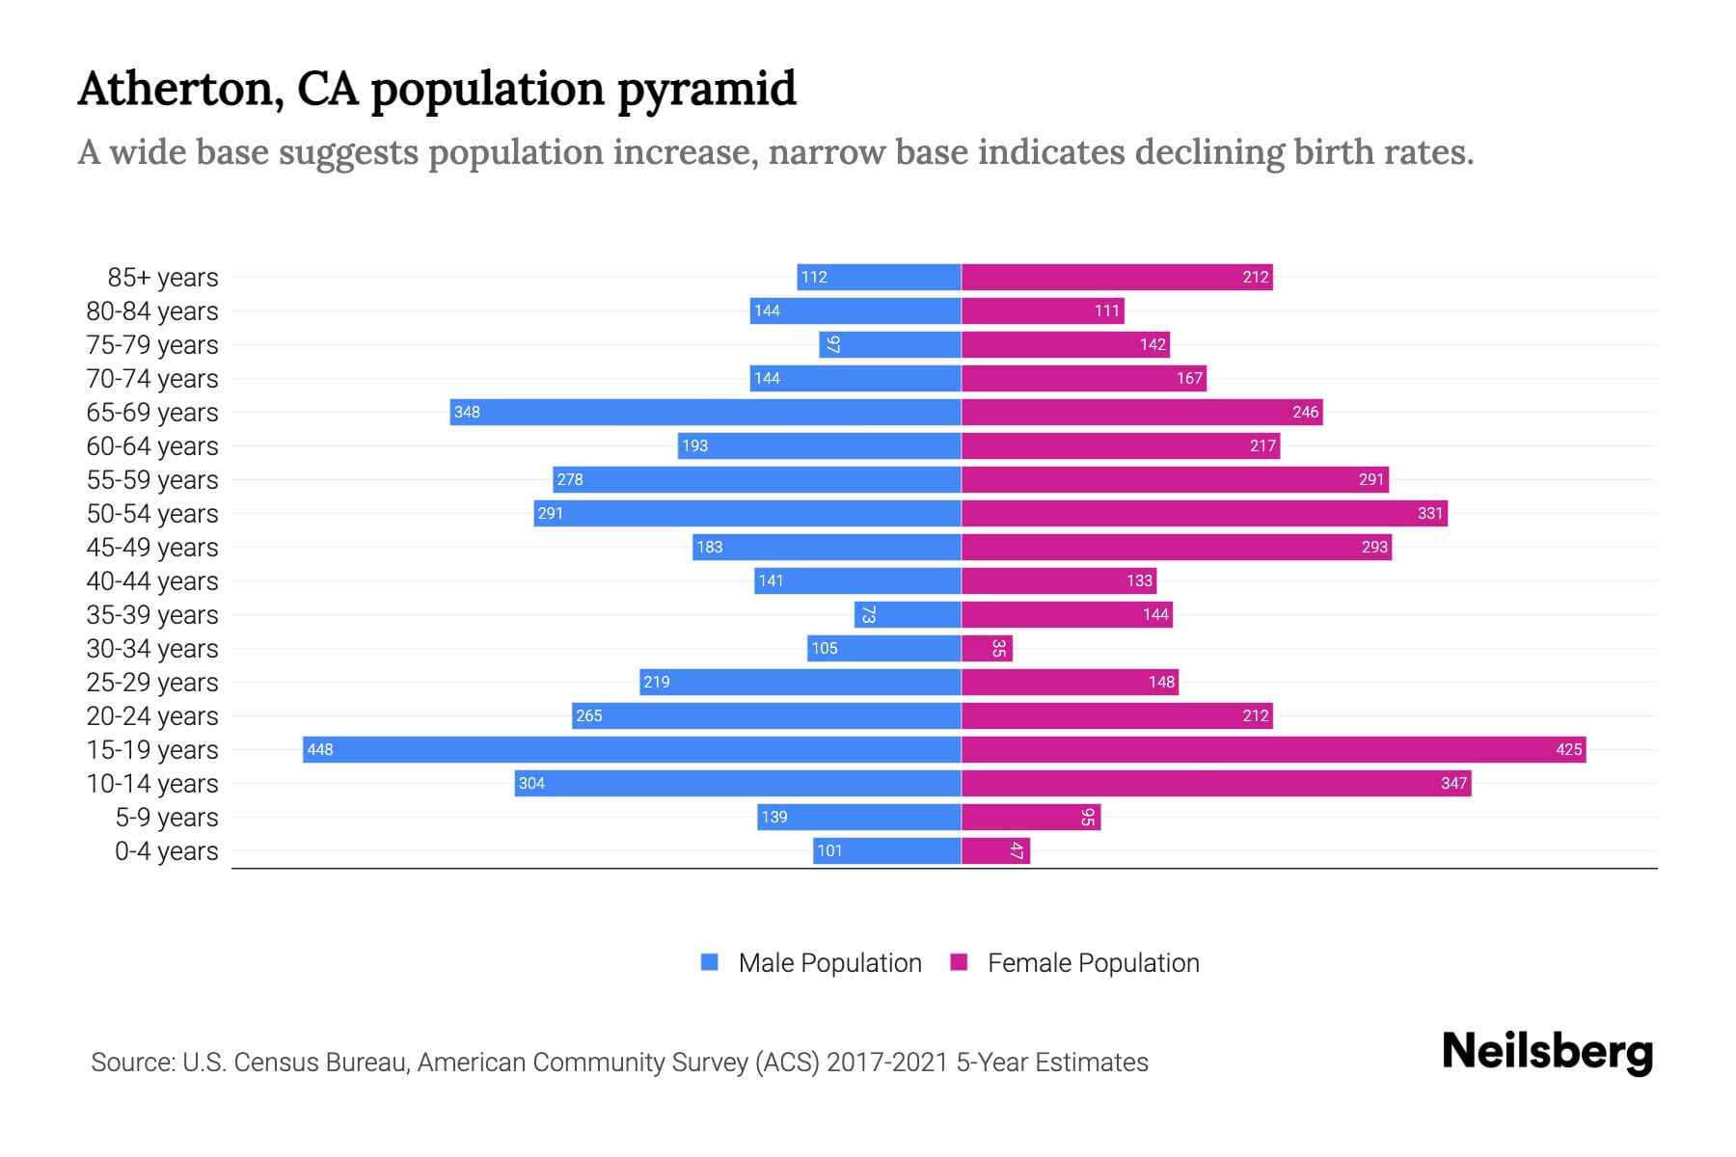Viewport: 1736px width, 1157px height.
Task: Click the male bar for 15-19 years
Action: click(632, 749)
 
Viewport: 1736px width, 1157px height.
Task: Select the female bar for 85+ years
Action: click(1117, 277)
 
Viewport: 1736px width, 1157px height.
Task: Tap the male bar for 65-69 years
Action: click(705, 412)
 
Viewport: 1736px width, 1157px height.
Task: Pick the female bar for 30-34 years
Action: click(987, 648)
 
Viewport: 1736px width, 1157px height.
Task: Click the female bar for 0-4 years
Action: click(995, 850)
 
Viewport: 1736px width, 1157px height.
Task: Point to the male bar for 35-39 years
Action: click(908, 614)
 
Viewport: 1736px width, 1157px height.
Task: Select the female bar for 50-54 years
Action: click(1204, 513)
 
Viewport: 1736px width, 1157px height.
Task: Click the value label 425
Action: click(1568, 749)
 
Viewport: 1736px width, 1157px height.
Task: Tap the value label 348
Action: click(467, 412)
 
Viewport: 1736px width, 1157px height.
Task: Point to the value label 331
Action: click(1429, 513)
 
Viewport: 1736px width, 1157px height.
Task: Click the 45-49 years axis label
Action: click(152, 548)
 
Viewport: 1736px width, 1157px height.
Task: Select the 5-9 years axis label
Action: click(167, 818)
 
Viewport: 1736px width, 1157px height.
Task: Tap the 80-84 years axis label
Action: click(152, 311)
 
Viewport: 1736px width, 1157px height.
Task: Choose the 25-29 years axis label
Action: click(152, 683)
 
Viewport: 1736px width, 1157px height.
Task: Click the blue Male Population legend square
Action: click(710, 962)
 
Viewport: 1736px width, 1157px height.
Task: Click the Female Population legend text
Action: click(1093, 962)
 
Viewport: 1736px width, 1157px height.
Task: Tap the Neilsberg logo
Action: click(1547, 1052)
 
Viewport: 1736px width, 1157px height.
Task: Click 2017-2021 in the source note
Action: click(887, 1063)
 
